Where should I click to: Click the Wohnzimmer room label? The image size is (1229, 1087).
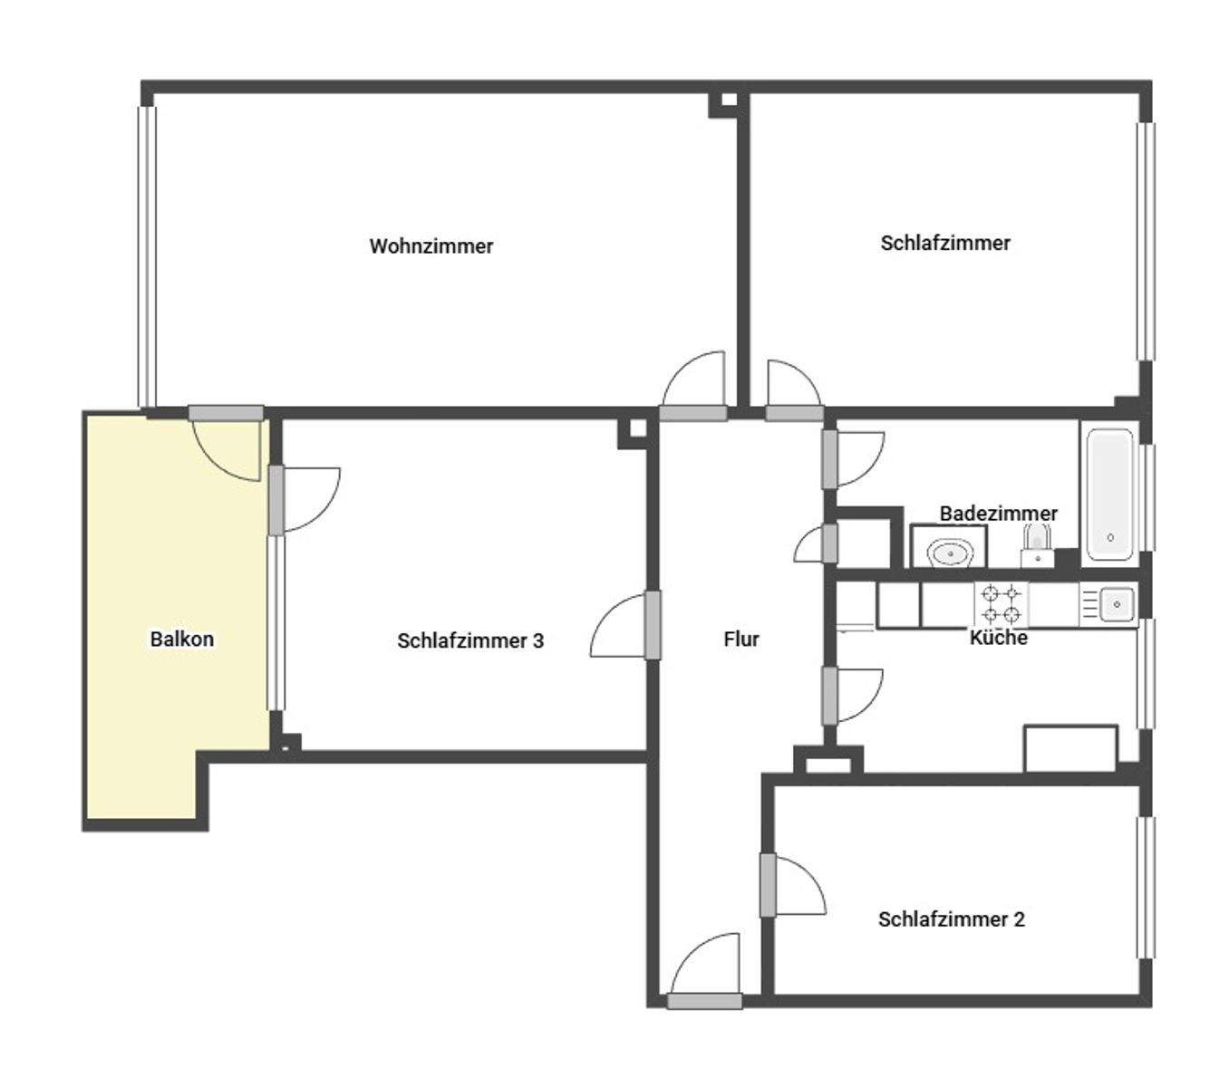coord(431,246)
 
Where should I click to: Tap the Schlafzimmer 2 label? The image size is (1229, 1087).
coord(951,919)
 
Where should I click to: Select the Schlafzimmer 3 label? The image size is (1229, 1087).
coord(470,641)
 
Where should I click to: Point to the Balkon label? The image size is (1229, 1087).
coord(182,640)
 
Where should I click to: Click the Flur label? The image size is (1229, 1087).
coord(741,640)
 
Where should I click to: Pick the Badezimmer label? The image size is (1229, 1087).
coord(998,514)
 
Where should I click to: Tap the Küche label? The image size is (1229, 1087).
coord(999,638)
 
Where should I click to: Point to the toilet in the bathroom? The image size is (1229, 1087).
coord(1036,550)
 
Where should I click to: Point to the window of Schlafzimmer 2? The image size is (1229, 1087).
coord(1147,888)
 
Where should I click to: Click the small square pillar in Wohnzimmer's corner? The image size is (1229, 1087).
coord(722,103)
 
